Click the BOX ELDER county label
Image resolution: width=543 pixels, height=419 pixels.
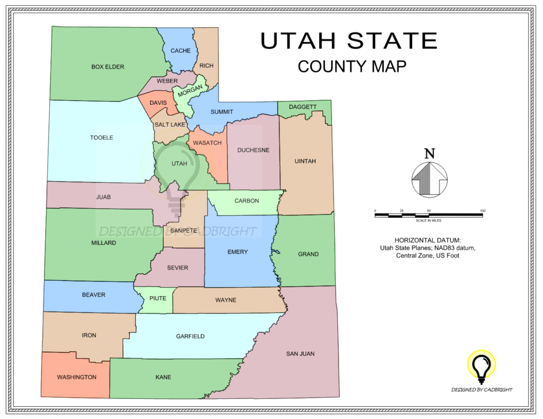108,67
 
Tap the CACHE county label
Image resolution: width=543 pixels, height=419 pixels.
180,51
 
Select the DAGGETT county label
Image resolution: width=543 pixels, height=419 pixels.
303,107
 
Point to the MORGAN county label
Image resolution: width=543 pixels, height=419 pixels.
190,91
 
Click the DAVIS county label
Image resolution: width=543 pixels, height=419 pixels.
158,103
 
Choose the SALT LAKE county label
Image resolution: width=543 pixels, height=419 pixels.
170,124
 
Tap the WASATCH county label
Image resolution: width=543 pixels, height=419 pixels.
207,143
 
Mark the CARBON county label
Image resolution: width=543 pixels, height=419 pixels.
247,201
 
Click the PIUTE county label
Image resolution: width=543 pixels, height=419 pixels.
157,298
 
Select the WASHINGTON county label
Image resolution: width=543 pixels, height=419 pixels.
77,377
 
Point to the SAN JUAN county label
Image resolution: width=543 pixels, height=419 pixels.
301,353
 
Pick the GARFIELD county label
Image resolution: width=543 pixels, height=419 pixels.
190,336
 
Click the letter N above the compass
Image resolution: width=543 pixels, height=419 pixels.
430,154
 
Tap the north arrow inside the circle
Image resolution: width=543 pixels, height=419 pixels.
429,179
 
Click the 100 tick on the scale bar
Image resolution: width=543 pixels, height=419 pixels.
482,211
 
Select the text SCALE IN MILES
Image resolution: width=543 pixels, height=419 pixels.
428,220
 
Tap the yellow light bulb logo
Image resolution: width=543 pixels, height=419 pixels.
481,366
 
